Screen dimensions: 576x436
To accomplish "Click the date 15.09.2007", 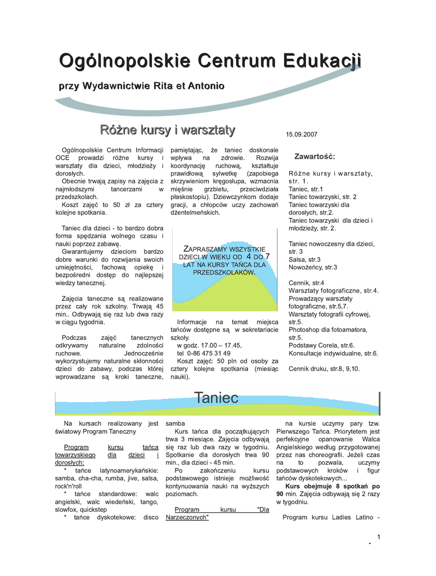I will (302, 135).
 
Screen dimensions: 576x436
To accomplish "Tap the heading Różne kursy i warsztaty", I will (167, 130).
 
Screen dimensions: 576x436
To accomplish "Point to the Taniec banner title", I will (217, 398).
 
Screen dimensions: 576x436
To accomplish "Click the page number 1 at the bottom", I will (379, 538).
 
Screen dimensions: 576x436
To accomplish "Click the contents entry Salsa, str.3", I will (304, 259).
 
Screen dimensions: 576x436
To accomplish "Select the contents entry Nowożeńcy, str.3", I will (313, 267).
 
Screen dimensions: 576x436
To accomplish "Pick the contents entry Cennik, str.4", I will (306, 282).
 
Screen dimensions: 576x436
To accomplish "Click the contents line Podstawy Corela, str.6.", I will (321, 345).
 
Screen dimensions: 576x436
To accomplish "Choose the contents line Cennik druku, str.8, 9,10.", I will (323, 368).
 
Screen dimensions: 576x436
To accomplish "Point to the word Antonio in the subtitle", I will (205, 86).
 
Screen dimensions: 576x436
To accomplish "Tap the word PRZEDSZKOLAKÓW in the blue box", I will (224, 272).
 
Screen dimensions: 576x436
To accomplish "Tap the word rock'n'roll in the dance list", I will (68, 485).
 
